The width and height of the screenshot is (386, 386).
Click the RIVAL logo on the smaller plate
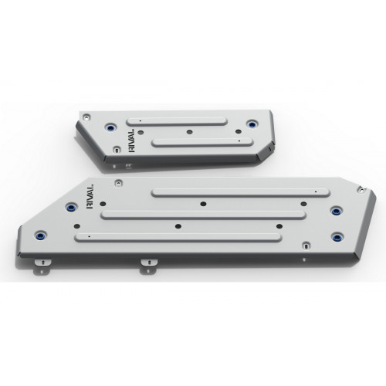click(x=131, y=141)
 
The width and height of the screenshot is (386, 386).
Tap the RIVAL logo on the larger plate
click(x=90, y=196)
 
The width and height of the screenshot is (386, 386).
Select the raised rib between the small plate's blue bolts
click(x=177, y=122)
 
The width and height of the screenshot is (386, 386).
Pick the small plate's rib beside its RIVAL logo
click(x=202, y=142)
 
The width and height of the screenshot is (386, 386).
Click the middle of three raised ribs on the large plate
click(x=203, y=215)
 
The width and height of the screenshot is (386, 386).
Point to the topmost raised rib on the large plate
click(x=240, y=192)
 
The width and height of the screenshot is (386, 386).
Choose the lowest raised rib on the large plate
click(x=178, y=238)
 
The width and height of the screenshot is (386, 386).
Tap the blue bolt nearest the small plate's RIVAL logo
click(x=111, y=127)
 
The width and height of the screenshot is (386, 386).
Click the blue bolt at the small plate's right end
click(x=252, y=124)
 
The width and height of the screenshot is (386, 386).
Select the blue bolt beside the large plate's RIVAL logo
click(x=71, y=207)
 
